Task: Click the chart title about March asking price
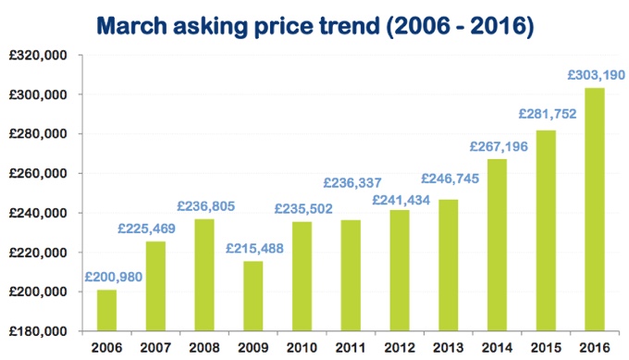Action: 314,24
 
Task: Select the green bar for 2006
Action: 106,310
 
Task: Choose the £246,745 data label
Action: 450,179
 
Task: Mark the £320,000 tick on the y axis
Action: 37,56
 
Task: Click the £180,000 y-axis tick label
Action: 37,331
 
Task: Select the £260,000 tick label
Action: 37,174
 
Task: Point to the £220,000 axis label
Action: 37,253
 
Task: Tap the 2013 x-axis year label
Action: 448,348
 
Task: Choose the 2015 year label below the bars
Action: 545,348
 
